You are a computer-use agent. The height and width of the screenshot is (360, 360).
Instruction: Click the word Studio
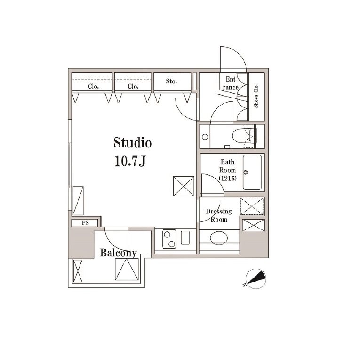[x=132, y=142]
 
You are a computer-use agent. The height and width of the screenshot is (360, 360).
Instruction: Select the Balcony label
[x=118, y=253]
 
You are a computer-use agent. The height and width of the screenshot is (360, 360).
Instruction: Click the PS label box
[x=85, y=223]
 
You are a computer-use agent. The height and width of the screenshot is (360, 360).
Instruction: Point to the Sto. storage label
[x=171, y=82]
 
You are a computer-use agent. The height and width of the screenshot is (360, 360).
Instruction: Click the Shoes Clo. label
[x=256, y=97]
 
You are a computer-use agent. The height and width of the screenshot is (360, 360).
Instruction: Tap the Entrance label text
[x=231, y=83]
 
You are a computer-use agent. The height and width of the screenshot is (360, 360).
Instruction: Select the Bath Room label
[x=227, y=166]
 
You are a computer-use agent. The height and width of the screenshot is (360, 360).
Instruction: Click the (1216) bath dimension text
[x=227, y=179]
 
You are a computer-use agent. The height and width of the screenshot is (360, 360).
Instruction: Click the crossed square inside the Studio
[x=183, y=187]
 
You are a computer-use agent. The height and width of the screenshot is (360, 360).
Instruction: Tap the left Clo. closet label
[x=93, y=86]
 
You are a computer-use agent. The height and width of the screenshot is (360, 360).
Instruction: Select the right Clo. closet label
[x=132, y=86]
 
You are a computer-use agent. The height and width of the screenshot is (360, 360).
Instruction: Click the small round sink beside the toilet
[x=205, y=137]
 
